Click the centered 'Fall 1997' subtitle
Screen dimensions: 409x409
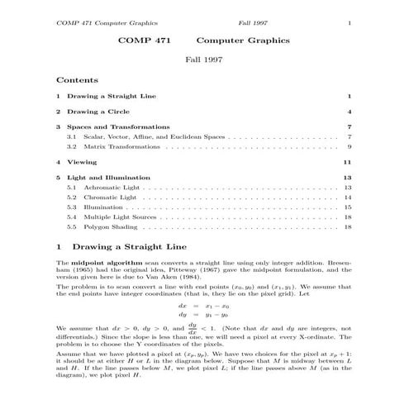pos(203,60)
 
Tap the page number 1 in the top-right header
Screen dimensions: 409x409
pos(350,22)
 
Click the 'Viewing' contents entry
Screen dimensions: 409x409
pos(80,161)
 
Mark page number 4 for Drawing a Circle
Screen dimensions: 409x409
pos(350,111)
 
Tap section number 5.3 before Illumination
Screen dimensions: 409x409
pos(72,207)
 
